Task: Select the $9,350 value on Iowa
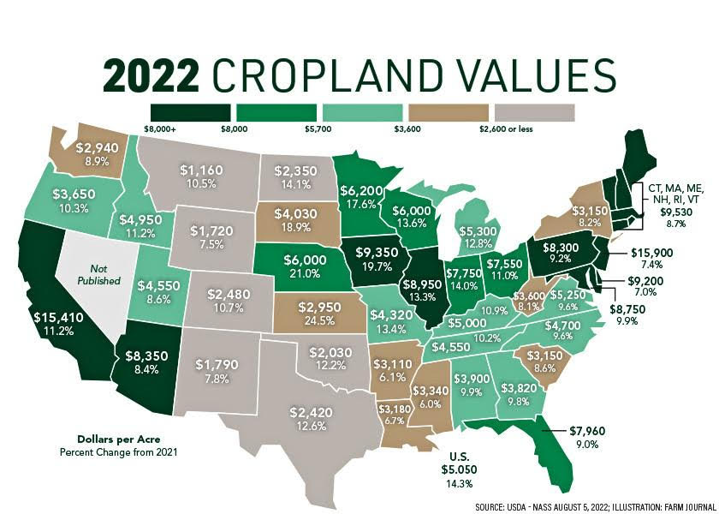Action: coord(375,254)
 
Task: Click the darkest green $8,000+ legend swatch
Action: coord(191,112)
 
